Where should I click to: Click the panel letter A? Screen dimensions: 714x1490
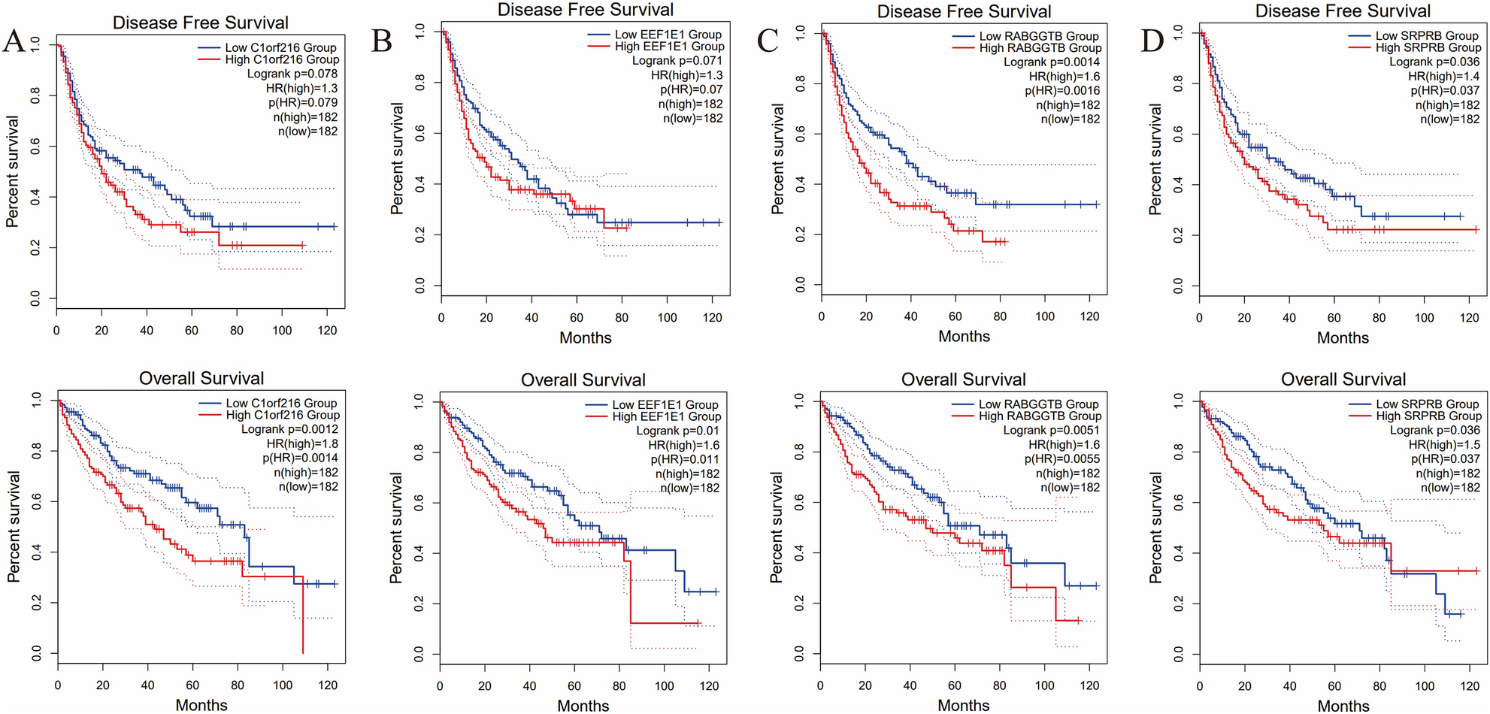click(x=14, y=41)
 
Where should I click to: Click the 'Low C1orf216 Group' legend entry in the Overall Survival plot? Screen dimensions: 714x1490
click(x=280, y=403)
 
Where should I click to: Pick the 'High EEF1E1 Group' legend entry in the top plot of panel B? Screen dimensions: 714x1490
click(x=669, y=47)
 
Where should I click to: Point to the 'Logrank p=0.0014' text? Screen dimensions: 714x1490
click(x=1051, y=62)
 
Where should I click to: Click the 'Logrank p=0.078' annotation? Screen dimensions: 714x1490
click(x=292, y=74)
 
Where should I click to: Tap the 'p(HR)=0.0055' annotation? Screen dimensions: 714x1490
click(x=1061, y=458)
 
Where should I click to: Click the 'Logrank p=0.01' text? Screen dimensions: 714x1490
click(x=677, y=431)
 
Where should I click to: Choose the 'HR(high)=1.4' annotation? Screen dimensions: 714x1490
click(x=1443, y=76)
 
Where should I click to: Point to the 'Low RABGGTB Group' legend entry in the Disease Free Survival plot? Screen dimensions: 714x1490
click(x=1038, y=36)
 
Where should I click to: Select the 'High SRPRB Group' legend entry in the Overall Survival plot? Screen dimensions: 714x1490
click(x=1428, y=416)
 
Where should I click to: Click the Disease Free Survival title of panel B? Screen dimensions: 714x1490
click(x=586, y=10)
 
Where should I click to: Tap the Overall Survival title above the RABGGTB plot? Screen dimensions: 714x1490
click(x=963, y=380)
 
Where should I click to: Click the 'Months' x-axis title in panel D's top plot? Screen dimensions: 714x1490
click(x=1343, y=337)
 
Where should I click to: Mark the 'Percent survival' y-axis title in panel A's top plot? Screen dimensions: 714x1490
click(x=12, y=171)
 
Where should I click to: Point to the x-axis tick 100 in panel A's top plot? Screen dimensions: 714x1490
click(x=282, y=330)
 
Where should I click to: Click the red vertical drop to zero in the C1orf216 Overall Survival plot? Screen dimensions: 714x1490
click(x=303, y=616)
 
